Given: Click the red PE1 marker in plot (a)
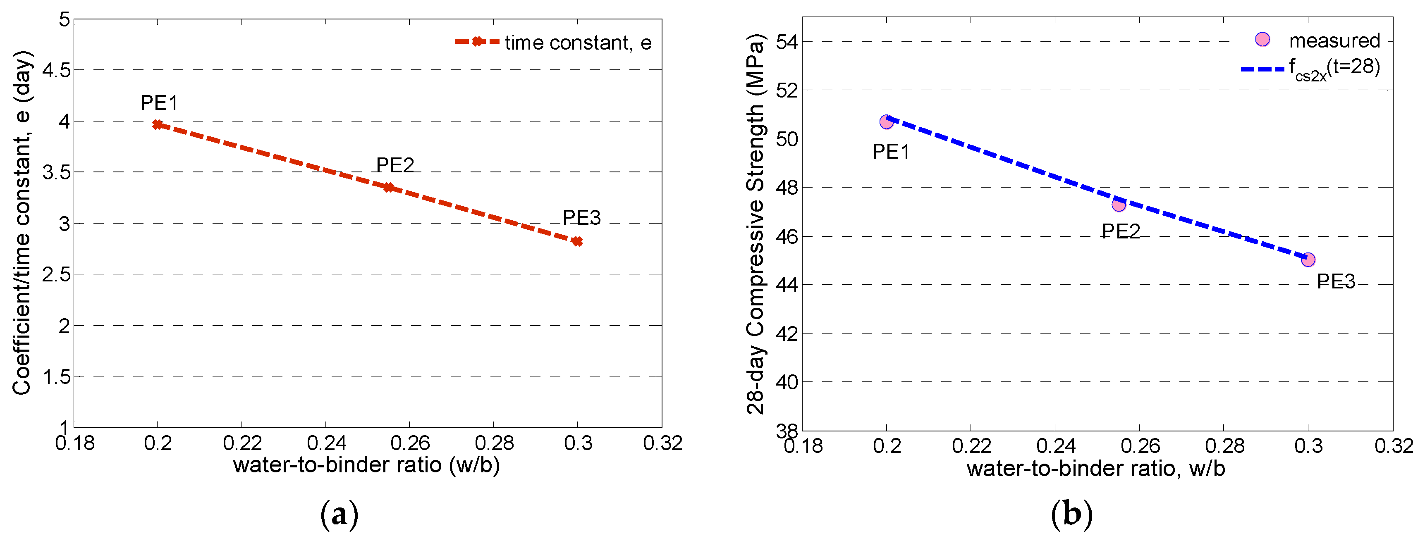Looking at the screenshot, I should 158,125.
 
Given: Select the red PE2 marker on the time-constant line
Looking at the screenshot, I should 388,188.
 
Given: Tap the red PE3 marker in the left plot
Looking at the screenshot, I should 577,241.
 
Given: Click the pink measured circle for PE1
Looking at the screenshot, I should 886,121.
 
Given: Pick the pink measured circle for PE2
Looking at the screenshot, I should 1119,205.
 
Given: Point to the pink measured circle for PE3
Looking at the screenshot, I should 1308,260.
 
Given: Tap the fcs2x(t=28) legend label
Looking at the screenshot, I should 1334,69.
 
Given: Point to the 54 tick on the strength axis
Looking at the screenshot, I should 786,42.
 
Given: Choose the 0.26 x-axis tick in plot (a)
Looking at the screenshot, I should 410,443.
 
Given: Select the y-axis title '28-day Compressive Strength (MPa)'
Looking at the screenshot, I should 755,224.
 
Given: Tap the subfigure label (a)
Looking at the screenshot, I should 339,514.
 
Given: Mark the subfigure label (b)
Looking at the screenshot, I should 1071,514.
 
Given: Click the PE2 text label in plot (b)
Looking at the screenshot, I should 1121,231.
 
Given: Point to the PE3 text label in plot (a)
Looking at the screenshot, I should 581,218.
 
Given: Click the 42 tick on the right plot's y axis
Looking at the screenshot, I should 786,334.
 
